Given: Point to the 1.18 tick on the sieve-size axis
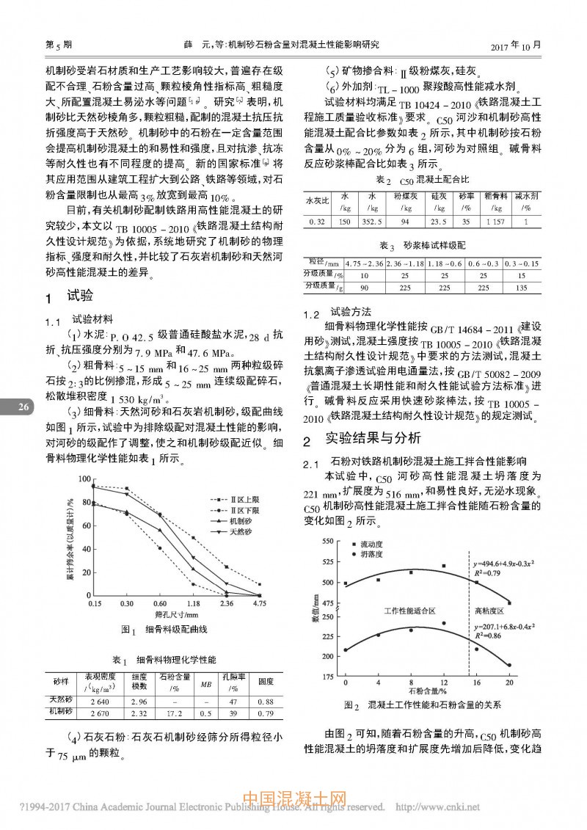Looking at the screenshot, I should pos(194,603).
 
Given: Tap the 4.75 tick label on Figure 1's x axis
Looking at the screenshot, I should pos(259,603).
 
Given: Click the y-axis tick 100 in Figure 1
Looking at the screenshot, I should pos(86,478).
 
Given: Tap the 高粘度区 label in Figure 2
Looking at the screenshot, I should pos(489,610).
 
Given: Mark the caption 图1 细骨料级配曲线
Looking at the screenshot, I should pos(165,629).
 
